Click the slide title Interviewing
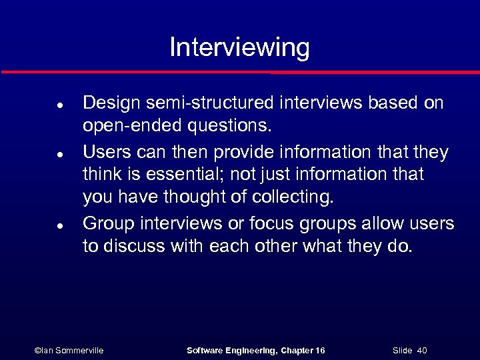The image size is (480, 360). pyautogui.click(x=239, y=48)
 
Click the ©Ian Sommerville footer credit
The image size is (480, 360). pyautogui.click(x=69, y=350)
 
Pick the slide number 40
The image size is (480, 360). pyautogui.click(x=422, y=350)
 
